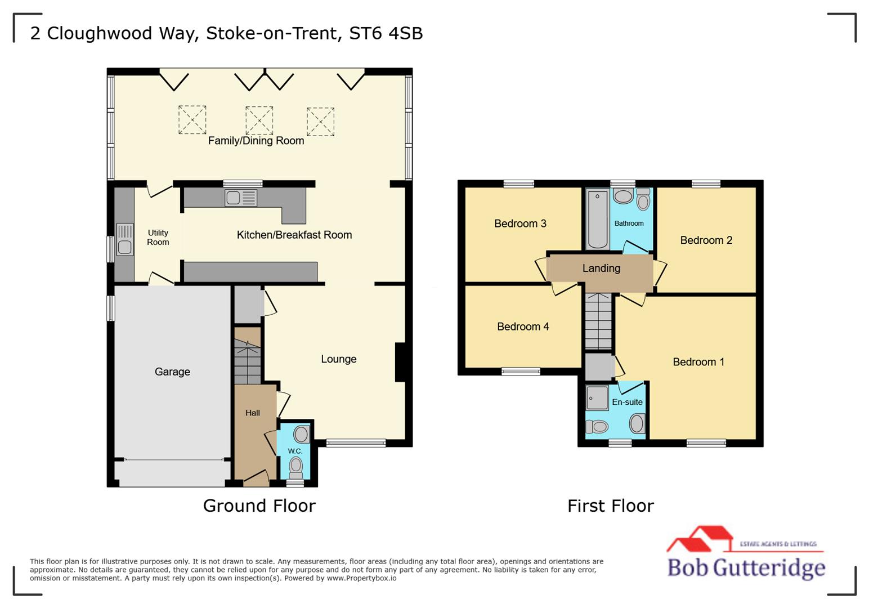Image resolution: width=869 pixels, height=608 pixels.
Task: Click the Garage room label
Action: point(172,372)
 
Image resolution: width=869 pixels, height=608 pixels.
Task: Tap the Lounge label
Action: point(338,359)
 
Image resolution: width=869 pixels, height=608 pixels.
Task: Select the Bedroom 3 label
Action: point(520,223)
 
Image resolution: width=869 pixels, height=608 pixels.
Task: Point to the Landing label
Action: point(601,268)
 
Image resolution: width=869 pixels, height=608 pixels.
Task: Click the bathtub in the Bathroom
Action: point(597,220)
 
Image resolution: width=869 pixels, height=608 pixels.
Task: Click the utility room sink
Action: point(124,240)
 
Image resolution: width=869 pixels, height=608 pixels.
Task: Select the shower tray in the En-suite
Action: point(597,397)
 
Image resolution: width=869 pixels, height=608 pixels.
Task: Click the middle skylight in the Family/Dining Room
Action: point(259,120)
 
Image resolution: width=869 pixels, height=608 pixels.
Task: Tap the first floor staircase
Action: point(598,321)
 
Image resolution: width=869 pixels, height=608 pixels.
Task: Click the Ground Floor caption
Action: point(259,506)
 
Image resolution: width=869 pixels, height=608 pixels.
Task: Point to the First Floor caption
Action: point(610,506)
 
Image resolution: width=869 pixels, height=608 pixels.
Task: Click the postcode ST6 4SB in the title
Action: point(386,33)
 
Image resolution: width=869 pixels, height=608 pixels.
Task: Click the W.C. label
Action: point(295,451)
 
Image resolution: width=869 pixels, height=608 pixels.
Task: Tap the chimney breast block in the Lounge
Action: point(400,362)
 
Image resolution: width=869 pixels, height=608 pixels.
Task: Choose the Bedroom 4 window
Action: point(521,371)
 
